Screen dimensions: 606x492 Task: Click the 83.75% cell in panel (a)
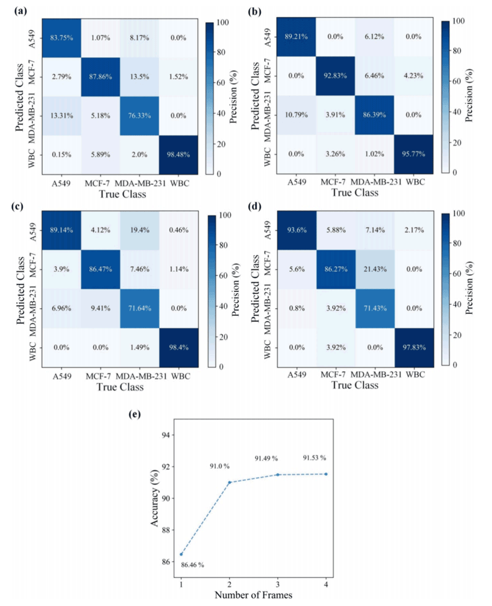click(x=61, y=38)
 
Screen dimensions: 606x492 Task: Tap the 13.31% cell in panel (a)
click(x=61, y=115)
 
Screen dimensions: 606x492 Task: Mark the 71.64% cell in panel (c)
click(x=138, y=309)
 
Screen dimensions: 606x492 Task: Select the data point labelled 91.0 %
click(x=230, y=482)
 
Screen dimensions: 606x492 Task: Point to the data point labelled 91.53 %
click(x=326, y=474)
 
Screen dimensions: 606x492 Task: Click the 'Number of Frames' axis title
click(x=253, y=596)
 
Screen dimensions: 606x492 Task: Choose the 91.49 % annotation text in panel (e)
click(x=266, y=459)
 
